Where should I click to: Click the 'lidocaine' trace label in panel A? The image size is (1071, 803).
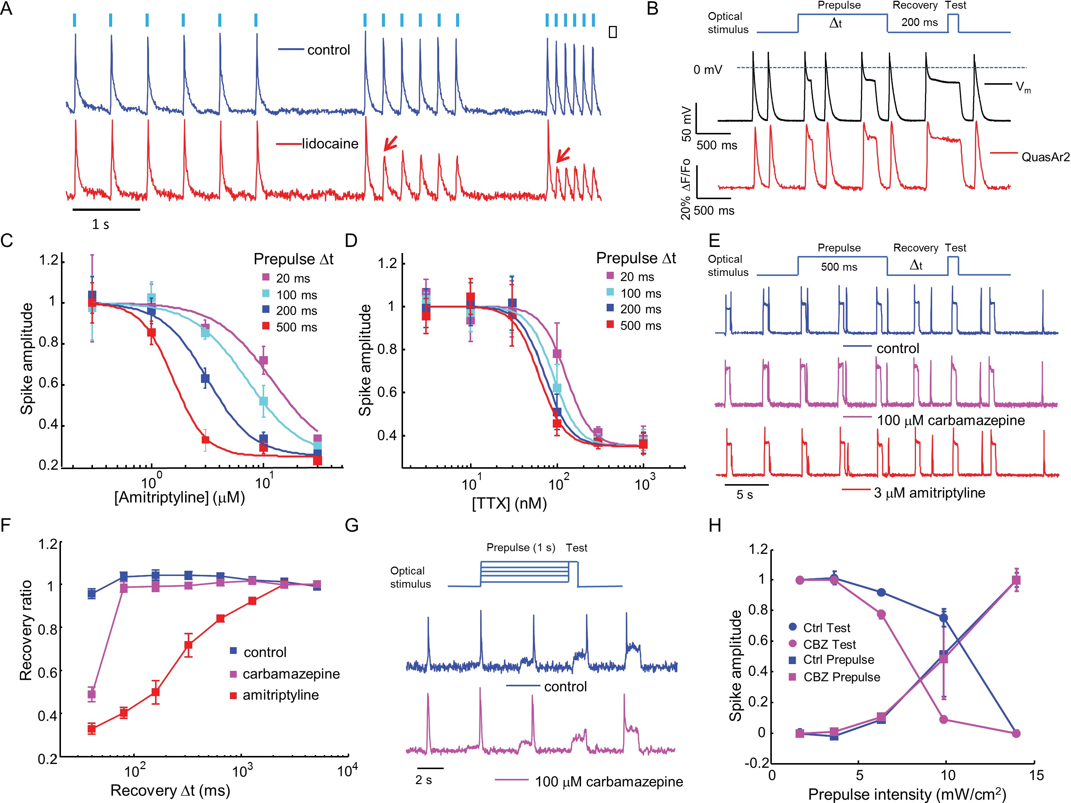[x=330, y=144]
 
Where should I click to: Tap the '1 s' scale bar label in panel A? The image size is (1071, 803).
[x=101, y=224]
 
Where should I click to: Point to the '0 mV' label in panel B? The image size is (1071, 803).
[x=707, y=70]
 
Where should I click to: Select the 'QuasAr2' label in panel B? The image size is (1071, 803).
[x=1045, y=157]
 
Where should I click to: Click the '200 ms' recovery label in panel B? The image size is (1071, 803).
[x=919, y=22]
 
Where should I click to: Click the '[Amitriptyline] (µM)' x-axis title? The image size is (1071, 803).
[x=180, y=497]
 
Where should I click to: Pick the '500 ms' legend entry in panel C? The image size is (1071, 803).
[x=296, y=328]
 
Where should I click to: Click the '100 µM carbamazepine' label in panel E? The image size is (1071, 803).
[x=951, y=421]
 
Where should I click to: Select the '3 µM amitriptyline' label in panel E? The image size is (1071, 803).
[x=929, y=493]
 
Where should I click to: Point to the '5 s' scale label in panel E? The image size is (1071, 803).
[x=745, y=495]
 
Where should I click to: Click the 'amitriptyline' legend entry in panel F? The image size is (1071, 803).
[x=280, y=695]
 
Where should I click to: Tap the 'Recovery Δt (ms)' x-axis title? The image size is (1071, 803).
[x=170, y=791]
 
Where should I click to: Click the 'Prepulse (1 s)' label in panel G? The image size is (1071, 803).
[x=520, y=548]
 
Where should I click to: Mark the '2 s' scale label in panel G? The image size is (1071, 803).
[x=424, y=780]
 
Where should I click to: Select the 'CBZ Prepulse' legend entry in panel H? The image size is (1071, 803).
[x=841, y=677]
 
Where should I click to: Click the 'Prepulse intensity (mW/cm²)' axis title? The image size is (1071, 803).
[x=907, y=794]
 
